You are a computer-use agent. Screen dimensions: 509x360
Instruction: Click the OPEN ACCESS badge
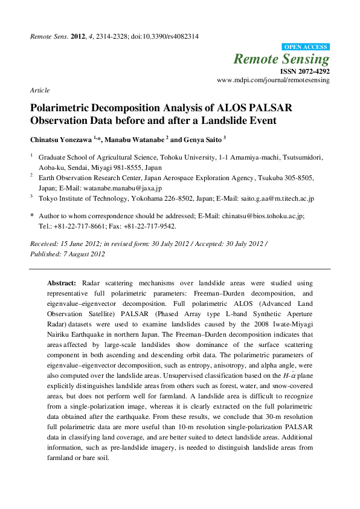pyautogui.click(x=306, y=47)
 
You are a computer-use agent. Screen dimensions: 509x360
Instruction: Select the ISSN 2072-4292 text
pyautogui.click(x=304, y=71)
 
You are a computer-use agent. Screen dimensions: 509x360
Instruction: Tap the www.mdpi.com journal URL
pyautogui.click(x=273, y=80)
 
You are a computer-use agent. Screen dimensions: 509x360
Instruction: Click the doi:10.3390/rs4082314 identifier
pyautogui.click(x=164, y=36)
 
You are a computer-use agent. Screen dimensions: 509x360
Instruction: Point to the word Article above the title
pyautogui.click(x=39, y=90)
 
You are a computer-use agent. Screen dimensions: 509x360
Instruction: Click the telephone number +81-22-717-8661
pyautogui.click(x=80, y=226)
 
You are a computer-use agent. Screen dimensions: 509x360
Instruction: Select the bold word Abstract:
pyautogui.click(x=62, y=283)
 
